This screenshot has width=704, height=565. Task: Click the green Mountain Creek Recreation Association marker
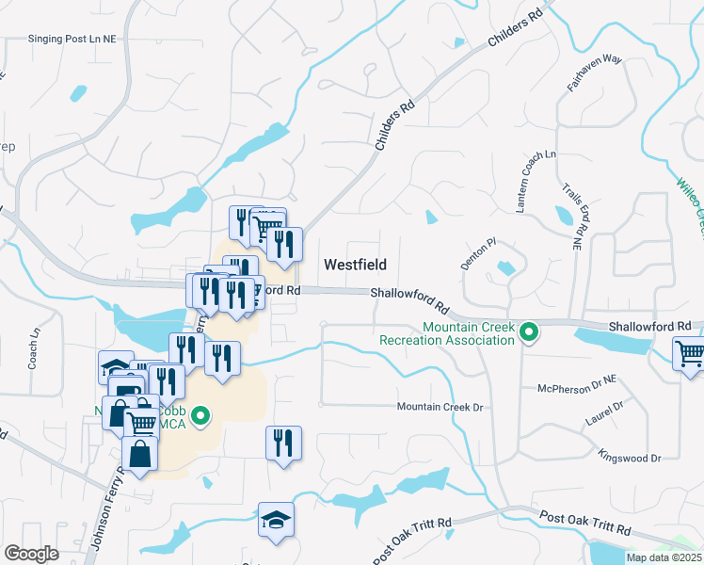529,331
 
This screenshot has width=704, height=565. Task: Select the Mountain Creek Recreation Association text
447,332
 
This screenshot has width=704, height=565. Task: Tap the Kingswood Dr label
630,458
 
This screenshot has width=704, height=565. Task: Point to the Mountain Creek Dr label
439,407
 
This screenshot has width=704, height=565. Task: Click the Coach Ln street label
34,347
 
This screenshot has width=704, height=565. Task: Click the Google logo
31,554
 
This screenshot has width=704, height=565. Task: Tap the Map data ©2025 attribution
664,557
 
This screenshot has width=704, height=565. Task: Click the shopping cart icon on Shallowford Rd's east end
690,354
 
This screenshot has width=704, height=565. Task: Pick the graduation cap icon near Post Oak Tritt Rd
276,520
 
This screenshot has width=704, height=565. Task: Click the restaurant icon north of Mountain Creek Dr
283,443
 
